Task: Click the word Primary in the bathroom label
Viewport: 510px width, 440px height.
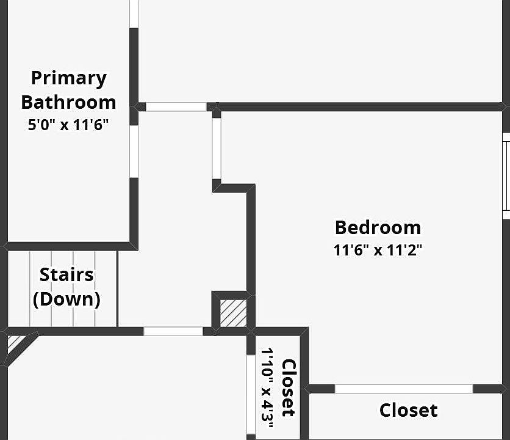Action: point(68,79)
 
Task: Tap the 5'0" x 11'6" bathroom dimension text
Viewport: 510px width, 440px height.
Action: point(68,126)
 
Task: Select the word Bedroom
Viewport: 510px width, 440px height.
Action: point(378,227)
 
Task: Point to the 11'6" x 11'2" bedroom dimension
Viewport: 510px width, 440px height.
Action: point(378,250)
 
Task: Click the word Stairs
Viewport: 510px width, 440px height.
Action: point(66,275)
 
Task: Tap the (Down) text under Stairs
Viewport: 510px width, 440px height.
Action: point(66,299)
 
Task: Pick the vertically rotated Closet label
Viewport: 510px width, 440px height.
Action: point(289,387)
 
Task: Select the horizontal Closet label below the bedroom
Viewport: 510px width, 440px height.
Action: point(408,410)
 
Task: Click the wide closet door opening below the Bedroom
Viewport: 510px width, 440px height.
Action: point(404,389)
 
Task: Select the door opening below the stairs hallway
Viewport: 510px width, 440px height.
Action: point(173,331)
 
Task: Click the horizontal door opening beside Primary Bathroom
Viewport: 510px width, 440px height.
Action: point(176,106)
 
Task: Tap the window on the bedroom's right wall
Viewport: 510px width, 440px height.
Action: point(506,176)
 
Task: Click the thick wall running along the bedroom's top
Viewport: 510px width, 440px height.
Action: point(360,107)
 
